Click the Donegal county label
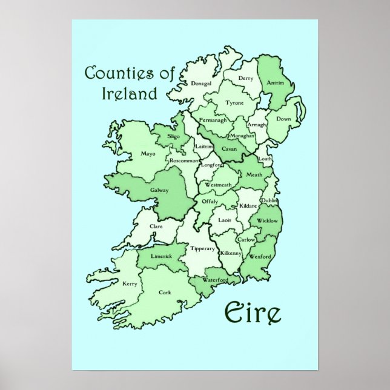(x=201, y=84)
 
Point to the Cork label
(x=165, y=292)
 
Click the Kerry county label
(x=130, y=283)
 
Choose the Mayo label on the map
(x=148, y=154)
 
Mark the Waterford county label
(x=215, y=280)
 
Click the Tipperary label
(x=203, y=248)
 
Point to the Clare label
(x=156, y=226)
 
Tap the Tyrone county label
(x=234, y=104)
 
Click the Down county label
(x=283, y=119)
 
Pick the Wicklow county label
(x=267, y=221)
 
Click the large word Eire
(x=253, y=313)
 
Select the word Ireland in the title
(x=128, y=94)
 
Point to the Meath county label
(x=254, y=175)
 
